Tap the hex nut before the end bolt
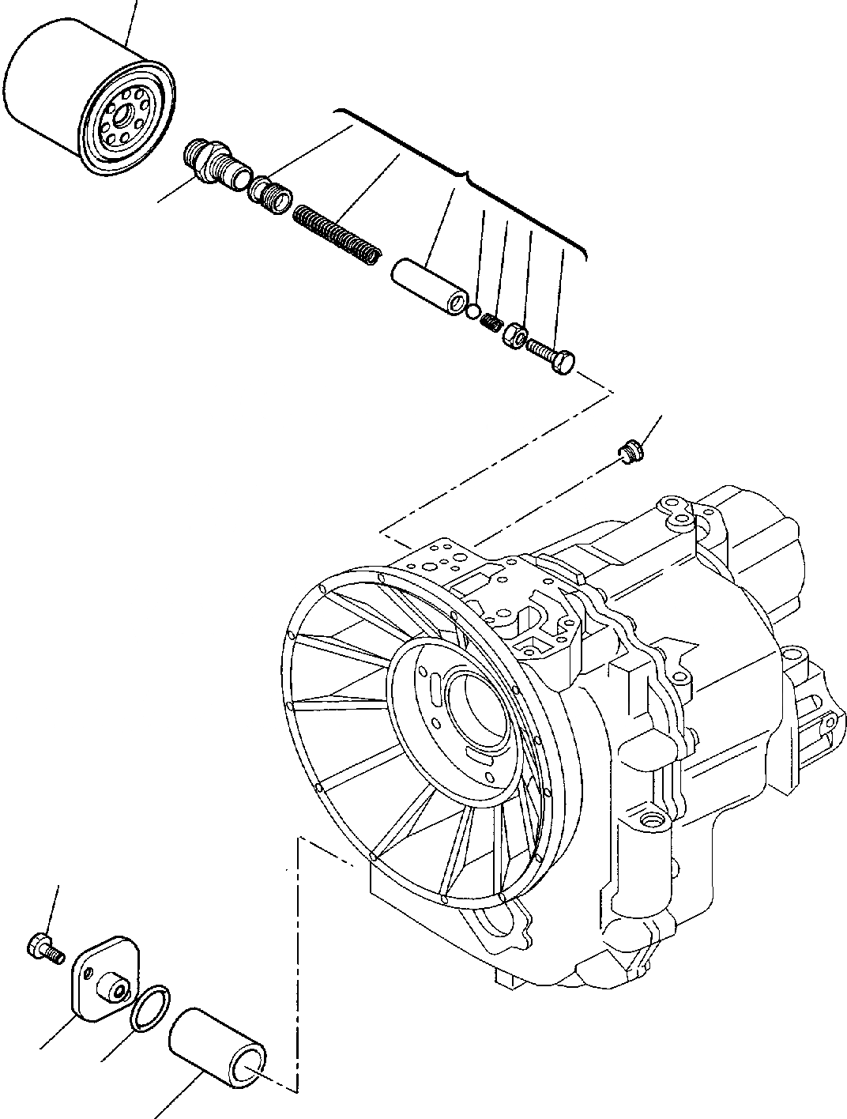(514, 334)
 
